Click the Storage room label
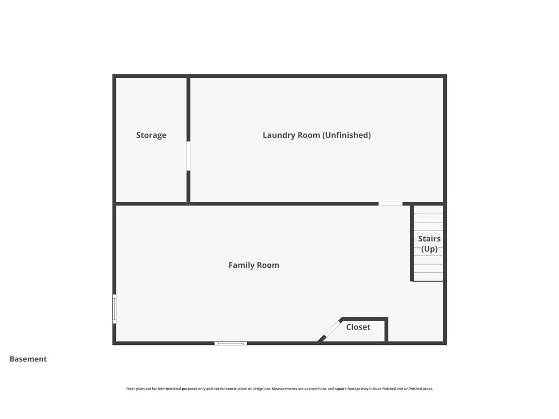click(151, 135)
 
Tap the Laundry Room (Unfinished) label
click(317, 135)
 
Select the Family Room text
click(254, 265)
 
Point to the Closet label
click(358, 327)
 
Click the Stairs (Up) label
click(429, 243)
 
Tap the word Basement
click(28, 359)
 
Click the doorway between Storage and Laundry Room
click(188, 156)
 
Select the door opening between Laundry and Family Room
click(390, 204)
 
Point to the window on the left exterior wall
click(114, 309)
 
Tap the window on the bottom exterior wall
click(231, 343)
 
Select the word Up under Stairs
click(429, 249)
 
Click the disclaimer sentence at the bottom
click(279, 389)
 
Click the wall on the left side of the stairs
click(412, 242)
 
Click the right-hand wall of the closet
click(386, 330)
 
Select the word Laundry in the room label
click(276, 135)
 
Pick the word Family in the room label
click(240, 265)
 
